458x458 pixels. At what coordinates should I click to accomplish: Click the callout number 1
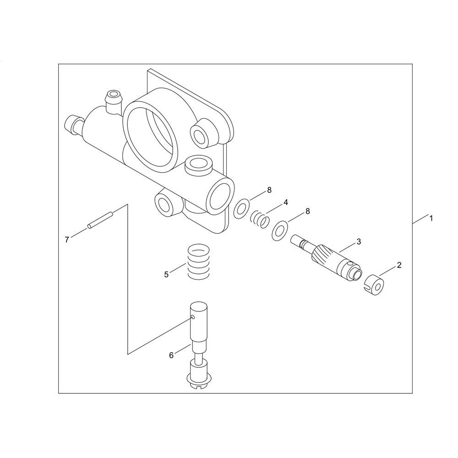pos(431,218)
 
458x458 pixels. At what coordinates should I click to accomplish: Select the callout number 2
pos(399,265)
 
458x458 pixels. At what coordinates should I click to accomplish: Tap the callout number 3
pos(359,241)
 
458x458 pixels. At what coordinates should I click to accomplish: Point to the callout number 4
pos(286,202)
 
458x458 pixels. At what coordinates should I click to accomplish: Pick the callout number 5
pos(166,274)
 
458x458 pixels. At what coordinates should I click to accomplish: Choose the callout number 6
pos(171,355)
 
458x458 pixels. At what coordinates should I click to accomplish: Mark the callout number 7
pos(67,240)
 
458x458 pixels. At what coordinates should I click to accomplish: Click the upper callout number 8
pos(269,190)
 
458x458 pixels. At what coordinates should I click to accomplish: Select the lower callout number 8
pos(307,211)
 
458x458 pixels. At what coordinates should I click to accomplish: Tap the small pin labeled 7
pos(100,219)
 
